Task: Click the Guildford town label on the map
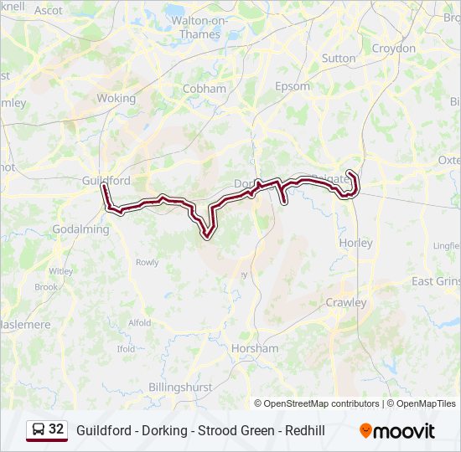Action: pyautogui.click(x=106, y=180)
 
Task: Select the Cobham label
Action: pyautogui.click(x=205, y=88)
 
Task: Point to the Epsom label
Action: pyautogui.click(x=293, y=85)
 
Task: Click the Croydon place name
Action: pyautogui.click(x=394, y=48)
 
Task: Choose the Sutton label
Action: pyautogui.click(x=339, y=59)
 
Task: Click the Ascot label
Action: pyautogui.click(x=49, y=11)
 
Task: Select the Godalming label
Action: pyautogui.click(x=80, y=229)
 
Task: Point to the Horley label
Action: pyautogui.click(x=355, y=242)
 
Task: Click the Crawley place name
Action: pyautogui.click(x=346, y=302)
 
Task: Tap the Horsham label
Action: pyautogui.click(x=256, y=347)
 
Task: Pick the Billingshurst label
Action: pyautogui.click(x=180, y=387)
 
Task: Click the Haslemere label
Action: pyautogui.click(x=25, y=324)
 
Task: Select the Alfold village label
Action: pyautogui.click(x=140, y=322)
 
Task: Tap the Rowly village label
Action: pyautogui.click(x=147, y=262)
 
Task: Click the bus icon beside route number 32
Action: pyautogui.click(x=39, y=429)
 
